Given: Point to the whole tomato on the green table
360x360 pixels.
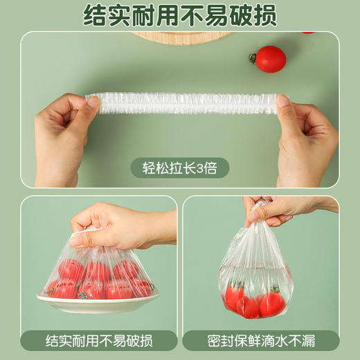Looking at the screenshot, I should (x=270, y=59).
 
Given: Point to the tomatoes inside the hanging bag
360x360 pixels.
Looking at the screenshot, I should (x=253, y=301).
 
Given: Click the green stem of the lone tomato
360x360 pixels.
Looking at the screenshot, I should (x=253, y=57).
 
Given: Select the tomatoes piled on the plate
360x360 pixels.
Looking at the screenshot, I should (x=97, y=277).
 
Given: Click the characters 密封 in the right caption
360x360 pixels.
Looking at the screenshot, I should (x=219, y=341).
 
